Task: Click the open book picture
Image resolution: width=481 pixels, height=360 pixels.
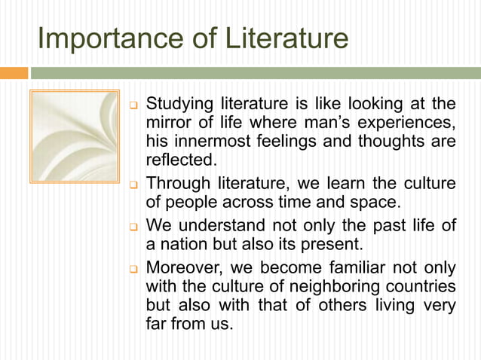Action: (73, 136)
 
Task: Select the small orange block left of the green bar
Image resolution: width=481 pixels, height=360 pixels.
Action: (14, 73)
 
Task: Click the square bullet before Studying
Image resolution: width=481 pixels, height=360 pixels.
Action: (133, 104)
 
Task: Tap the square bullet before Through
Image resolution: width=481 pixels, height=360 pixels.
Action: (133, 185)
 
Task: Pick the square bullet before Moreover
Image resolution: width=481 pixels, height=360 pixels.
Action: (133, 268)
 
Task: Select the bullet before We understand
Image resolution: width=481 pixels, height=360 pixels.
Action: (133, 226)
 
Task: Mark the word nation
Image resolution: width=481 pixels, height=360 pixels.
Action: (182, 243)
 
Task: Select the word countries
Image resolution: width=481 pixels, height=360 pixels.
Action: (422, 286)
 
